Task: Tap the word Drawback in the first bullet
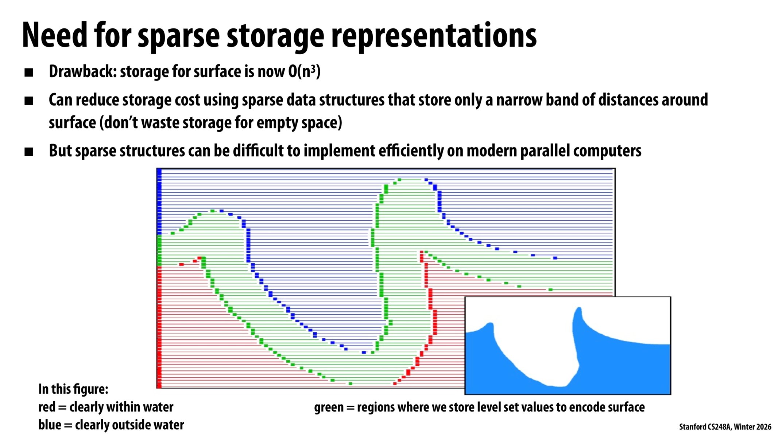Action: pyautogui.click(x=82, y=71)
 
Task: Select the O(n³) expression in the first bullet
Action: pyautogui.click(x=304, y=71)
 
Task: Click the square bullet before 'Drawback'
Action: pyautogui.click(x=29, y=72)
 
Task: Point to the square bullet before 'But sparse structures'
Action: pyautogui.click(x=29, y=151)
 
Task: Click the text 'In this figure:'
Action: pyautogui.click(x=73, y=389)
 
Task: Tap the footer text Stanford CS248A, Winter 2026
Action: pyautogui.click(x=725, y=427)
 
